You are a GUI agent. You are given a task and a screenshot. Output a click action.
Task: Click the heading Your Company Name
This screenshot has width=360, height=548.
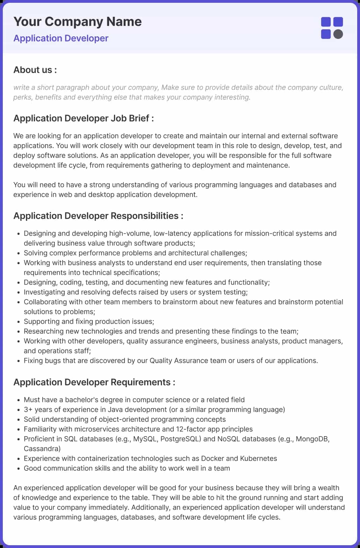(x=77, y=22)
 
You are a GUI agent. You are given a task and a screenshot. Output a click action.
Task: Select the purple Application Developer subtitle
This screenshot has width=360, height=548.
(x=61, y=38)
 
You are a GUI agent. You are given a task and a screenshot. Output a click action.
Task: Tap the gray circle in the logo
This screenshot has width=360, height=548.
(x=338, y=34)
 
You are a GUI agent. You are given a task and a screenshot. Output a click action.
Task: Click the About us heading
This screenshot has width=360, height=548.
(x=35, y=70)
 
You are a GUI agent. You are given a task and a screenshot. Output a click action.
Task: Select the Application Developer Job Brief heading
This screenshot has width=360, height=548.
(x=84, y=118)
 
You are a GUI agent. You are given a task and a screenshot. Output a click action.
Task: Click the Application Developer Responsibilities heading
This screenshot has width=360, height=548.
(x=98, y=216)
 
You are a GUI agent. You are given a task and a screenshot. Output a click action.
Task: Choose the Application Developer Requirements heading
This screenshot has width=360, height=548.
(x=94, y=382)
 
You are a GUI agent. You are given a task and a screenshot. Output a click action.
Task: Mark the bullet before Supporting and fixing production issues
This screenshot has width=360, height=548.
(x=18, y=322)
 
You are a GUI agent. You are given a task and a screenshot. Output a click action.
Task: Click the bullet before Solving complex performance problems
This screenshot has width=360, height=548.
(x=18, y=253)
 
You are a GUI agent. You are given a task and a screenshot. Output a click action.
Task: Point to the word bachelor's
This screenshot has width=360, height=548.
(x=82, y=400)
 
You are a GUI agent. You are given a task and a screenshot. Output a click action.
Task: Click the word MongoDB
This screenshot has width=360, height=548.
(x=312, y=439)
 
